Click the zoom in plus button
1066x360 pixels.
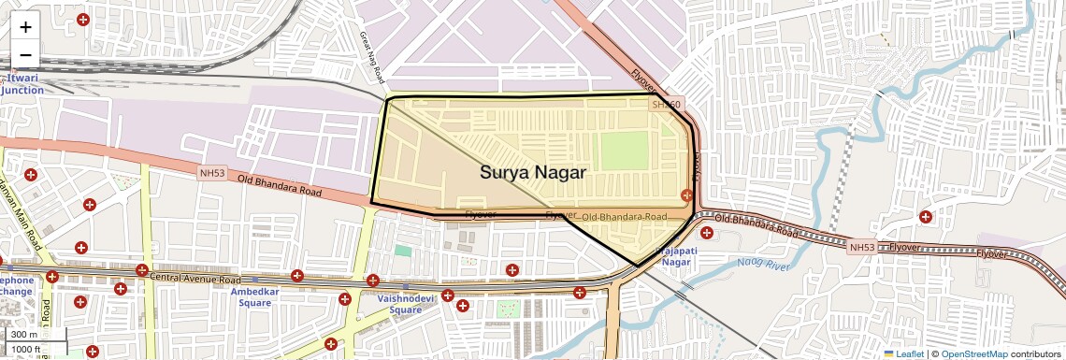(25, 27)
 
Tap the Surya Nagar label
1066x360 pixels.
(533, 172)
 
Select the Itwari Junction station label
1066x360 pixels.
(22, 84)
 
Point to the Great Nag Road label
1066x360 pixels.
(372, 56)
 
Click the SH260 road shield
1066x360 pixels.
(667, 105)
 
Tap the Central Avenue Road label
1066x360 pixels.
(194, 279)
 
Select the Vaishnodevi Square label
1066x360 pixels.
(399, 303)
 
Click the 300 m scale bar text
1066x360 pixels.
(24, 335)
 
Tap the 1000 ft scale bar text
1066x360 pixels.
(25, 350)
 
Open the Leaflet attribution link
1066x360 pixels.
(903, 353)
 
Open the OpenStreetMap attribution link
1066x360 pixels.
(974, 353)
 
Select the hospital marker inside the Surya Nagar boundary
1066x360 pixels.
(687, 194)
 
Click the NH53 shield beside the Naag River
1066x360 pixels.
(861, 248)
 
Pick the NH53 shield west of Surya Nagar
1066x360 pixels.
(212, 173)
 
